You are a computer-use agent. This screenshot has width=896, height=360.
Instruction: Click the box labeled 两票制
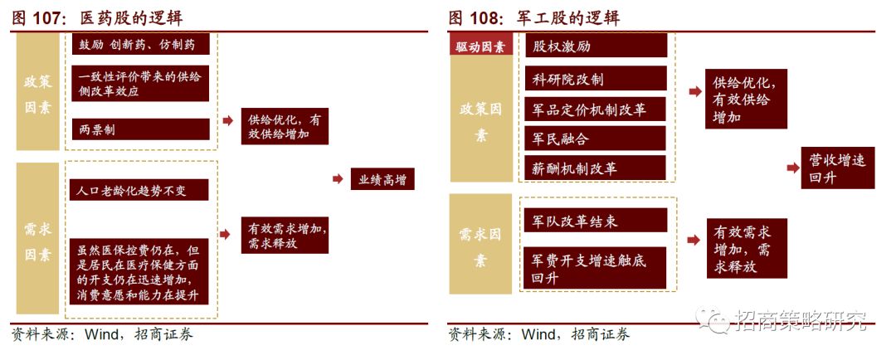pos(139,129)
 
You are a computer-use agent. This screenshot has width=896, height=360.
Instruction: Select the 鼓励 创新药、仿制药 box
pos(139,44)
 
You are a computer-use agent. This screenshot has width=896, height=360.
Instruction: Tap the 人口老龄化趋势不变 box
pos(139,191)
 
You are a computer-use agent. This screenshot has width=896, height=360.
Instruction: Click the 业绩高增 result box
pos(382,179)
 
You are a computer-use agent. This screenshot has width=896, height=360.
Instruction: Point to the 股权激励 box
pos(597,46)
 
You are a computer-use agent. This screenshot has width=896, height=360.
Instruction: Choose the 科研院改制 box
pos(597,79)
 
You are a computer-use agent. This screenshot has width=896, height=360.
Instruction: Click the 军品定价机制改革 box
pos(597,109)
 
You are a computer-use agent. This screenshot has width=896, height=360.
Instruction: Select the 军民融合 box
pos(597,139)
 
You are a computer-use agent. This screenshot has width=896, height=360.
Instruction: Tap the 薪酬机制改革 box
pos(597,168)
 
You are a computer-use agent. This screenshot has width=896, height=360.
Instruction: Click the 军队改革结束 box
pos(597,221)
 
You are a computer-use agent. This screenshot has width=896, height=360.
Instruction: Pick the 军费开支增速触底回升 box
pos(597,268)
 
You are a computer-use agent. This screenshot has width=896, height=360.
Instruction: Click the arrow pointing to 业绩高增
pos(338,178)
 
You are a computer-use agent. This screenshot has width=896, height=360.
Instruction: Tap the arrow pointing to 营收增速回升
pos(793,168)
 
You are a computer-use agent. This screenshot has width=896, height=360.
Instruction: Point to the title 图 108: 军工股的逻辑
pos(534,17)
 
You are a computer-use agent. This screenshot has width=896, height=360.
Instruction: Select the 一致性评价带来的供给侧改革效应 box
pos(139,83)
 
